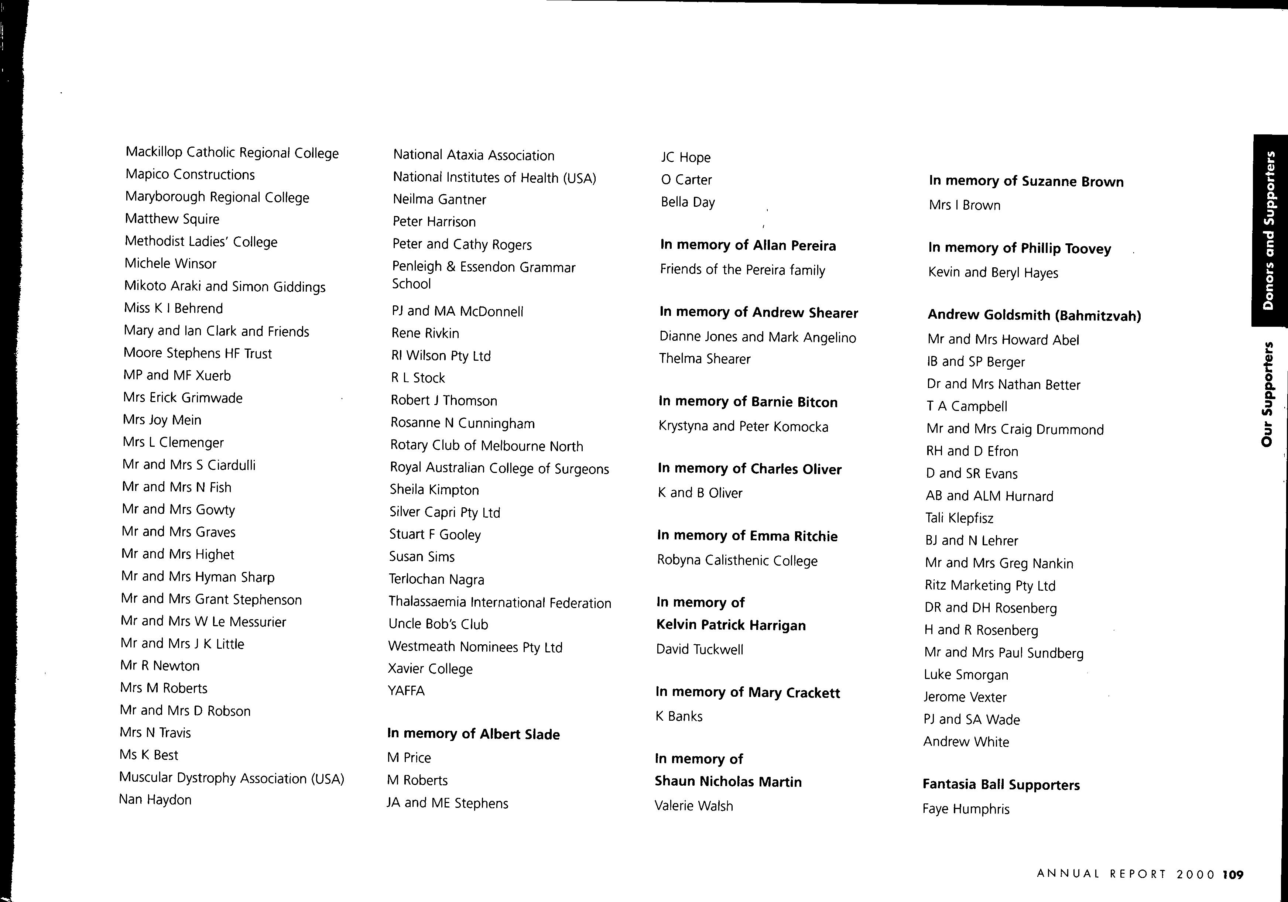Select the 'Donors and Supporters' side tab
pyautogui.click(x=1269, y=230)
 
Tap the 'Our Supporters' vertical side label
pyautogui.click(x=1267, y=394)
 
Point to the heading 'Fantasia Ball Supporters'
pyautogui.click(x=1001, y=785)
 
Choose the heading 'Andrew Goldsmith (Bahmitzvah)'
pyautogui.click(x=1034, y=315)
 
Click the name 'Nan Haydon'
pyautogui.click(x=155, y=799)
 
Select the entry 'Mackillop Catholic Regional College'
pyautogui.click(x=232, y=152)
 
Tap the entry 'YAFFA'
pyautogui.click(x=406, y=690)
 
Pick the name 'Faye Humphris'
pyautogui.click(x=965, y=809)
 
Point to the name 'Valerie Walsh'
pyautogui.click(x=693, y=806)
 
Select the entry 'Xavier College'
pyautogui.click(x=430, y=669)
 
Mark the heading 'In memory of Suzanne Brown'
pyautogui.click(x=1026, y=181)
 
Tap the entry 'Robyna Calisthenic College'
pyautogui.click(x=737, y=560)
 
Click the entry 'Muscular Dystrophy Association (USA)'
pyautogui.click(x=231, y=778)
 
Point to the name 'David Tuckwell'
pyautogui.click(x=699, y=649)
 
